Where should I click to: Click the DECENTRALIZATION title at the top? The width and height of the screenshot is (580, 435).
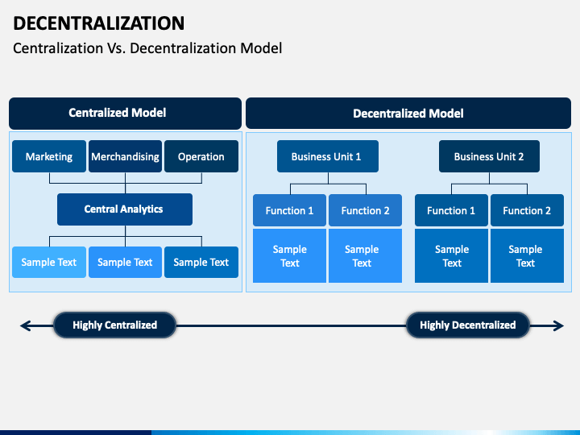[x=99, y=23]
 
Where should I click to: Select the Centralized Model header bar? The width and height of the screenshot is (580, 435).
[x=125, y=114]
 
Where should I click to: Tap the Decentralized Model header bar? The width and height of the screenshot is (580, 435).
[x=408, y=114]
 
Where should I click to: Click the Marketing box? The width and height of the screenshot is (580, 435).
[x=49, y=156]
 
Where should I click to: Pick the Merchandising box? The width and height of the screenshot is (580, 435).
[x=126, y=156]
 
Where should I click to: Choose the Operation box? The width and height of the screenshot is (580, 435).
[x=201, y=156]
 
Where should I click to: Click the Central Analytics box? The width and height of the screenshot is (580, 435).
[x=125, y=209]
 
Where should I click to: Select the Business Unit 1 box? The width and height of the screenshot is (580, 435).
[x=328, y=156]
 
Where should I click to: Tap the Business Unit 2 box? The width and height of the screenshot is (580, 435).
[x=489, y=156]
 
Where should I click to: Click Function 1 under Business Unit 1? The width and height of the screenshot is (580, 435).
[x=290, y=210]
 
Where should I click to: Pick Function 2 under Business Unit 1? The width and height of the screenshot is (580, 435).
[x=365, y=210]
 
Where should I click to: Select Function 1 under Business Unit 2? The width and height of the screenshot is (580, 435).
[x=451, y=210]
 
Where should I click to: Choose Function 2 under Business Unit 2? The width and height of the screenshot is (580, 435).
[x=527, y=210]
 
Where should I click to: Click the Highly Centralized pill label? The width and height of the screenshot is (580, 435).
[x=114, y=325]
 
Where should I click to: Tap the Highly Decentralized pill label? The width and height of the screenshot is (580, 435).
[x=468, y=325]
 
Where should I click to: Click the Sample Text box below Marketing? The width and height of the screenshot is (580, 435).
[x=49, y=263]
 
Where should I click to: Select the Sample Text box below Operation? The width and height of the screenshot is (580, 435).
[x=201, y=263]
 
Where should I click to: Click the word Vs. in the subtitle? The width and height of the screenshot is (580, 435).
[x=117, y=48]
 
